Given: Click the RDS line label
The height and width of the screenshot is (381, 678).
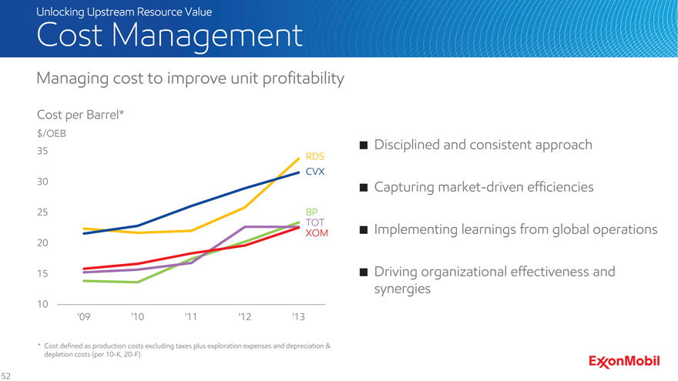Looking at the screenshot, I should (x=314, y=156).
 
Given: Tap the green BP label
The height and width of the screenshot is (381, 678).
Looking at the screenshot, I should (x=311, y=211).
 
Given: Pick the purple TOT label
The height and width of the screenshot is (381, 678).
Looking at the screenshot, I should (x=314, y=222).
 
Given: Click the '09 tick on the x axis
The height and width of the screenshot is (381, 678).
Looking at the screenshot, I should (x=84, y=317).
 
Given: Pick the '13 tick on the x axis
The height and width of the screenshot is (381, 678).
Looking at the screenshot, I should (x=298, y=317).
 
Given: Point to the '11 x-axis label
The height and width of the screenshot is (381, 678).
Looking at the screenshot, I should (x=191, y=317).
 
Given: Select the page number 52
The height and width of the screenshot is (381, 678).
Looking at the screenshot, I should (x=7, y=376).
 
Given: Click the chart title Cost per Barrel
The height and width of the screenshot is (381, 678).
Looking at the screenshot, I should (x=80, y=115).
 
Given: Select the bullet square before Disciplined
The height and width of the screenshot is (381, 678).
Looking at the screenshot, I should (x=363, y=145).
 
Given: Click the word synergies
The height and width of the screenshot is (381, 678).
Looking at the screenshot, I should (x=402, y=289).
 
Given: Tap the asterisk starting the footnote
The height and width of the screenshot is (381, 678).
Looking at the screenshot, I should (x=39, y=346).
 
